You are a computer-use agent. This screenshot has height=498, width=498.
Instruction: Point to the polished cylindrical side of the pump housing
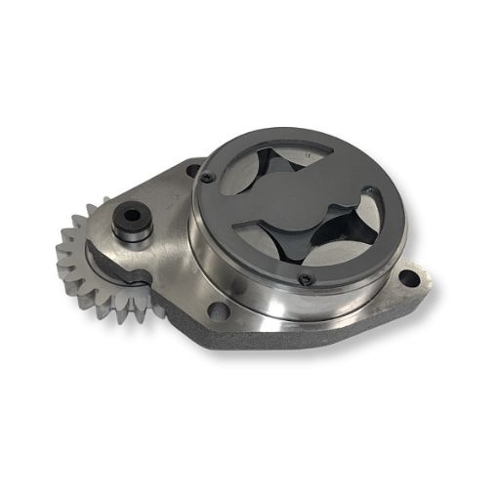pos(254,293)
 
